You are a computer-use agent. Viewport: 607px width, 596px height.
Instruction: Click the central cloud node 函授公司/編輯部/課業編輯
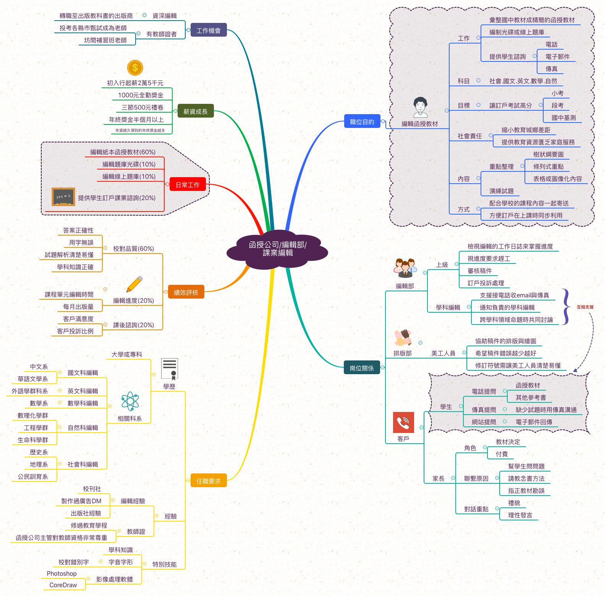click(x=277, y=249)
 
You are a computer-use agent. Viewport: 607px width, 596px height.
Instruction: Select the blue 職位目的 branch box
click(x=362, y=122)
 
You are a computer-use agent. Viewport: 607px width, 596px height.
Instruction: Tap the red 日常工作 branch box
click(x=188, y=185)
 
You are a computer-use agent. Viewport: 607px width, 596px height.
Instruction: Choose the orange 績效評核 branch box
click(x=186, y=292)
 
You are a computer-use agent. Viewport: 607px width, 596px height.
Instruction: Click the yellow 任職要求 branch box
click(x=208, y=481)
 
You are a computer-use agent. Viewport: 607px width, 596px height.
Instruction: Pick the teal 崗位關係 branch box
click(x=362, y=368)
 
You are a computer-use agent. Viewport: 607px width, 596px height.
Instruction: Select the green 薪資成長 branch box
click(x=196, y=111)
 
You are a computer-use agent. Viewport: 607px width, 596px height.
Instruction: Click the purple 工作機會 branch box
click(x=209, y=31)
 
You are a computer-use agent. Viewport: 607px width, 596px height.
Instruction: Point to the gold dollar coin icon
click(x=135, y=68)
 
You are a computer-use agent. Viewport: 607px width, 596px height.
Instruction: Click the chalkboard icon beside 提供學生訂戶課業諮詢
click(x=63, y=197)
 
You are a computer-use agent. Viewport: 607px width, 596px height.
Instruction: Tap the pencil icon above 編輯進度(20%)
click(x=134, y=284)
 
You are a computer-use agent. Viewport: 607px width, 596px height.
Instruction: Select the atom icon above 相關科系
click(x=130, y=401)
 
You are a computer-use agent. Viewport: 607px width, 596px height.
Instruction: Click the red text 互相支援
click(x=585, y=307)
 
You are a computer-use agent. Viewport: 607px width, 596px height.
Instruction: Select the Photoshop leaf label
click(x=62, y=573)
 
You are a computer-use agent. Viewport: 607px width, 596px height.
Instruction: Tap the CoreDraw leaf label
click(x=63, y=585)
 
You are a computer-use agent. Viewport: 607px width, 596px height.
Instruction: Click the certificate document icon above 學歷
click(x=169, y=368)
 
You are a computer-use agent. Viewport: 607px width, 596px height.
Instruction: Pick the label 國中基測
click(x=563, y=118)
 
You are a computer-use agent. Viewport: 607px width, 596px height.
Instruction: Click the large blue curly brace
click(x=567, y=307)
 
